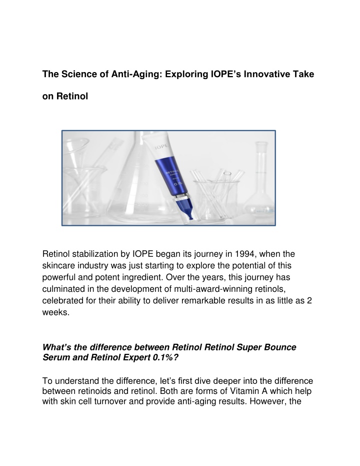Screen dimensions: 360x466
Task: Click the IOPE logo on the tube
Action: coord(161,147)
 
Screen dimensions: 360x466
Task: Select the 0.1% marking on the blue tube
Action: coord(178,184)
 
